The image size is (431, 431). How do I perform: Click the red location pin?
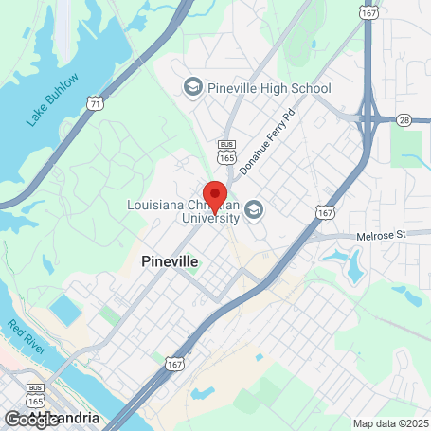pyautogui.click(x=215, y=195)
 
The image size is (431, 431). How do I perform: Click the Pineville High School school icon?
pyautogui.click(x=193, y=87)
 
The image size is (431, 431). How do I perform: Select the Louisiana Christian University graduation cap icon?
pyautogui.click(x=254, y=209)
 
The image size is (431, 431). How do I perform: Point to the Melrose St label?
pyautogui.click(x=381, y=234)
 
